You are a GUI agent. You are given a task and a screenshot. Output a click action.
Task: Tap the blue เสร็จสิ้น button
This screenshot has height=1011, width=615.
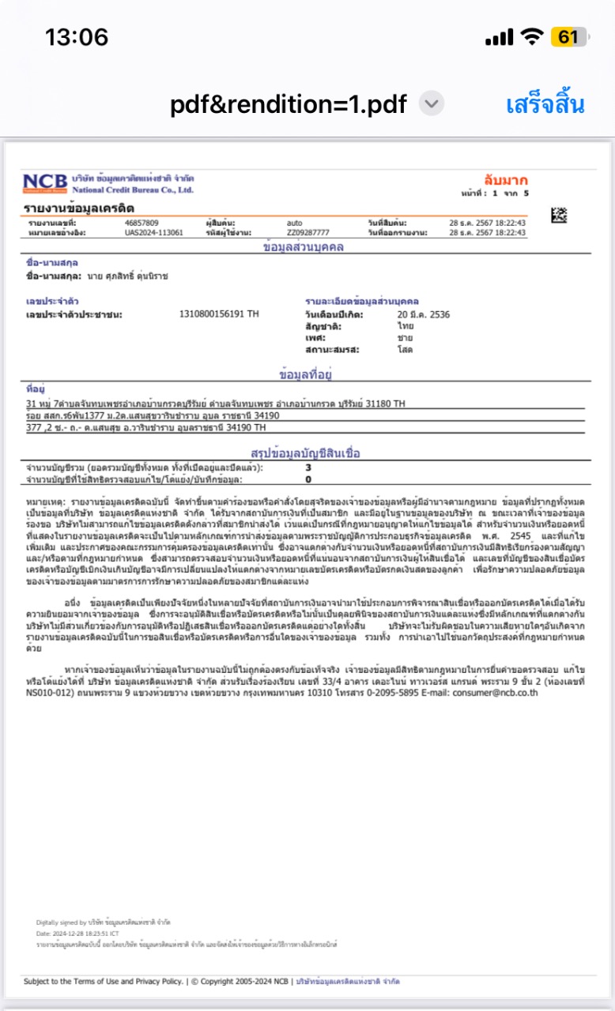click(x=545, y=104)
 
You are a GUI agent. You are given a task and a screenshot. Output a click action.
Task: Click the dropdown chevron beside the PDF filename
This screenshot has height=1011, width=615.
click(x=432, y=103)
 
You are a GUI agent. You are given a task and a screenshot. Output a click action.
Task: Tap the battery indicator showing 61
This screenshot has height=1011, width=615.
click(x=569, y=37)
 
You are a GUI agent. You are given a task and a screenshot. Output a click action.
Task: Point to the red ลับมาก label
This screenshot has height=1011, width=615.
click(x=506, y=180)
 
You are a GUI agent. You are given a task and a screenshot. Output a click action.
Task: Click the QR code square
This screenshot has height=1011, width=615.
click(x=559, y=214)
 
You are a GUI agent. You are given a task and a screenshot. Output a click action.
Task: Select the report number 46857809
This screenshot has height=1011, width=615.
click(x=141, y=223)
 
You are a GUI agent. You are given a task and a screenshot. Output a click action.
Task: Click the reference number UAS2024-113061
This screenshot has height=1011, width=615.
click(x=154, y=233)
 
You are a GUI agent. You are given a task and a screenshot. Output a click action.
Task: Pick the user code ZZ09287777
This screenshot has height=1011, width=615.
click(x=308, y=233)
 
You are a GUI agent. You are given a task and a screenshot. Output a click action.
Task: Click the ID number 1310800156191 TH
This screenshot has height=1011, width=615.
click(x=219, y=314)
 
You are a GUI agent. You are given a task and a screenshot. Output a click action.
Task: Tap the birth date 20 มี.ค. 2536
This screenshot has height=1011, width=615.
click(x=424, y=314)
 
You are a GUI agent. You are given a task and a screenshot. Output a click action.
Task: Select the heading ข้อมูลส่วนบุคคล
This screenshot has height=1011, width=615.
click(x=304, y=247)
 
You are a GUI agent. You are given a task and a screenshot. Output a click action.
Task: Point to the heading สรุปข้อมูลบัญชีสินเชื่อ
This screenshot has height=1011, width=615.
click(x=305, y=454)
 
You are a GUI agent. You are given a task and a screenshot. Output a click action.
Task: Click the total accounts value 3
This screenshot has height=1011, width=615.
click(x=308, y=468)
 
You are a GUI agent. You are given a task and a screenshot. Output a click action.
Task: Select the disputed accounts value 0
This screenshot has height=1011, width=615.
click(x=308, y=479)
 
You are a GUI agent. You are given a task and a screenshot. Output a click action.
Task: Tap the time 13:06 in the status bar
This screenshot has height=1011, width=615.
click(x=77, y=37)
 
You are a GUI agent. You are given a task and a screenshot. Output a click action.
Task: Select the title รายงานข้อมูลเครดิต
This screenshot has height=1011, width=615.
click(x=79, y=208)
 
